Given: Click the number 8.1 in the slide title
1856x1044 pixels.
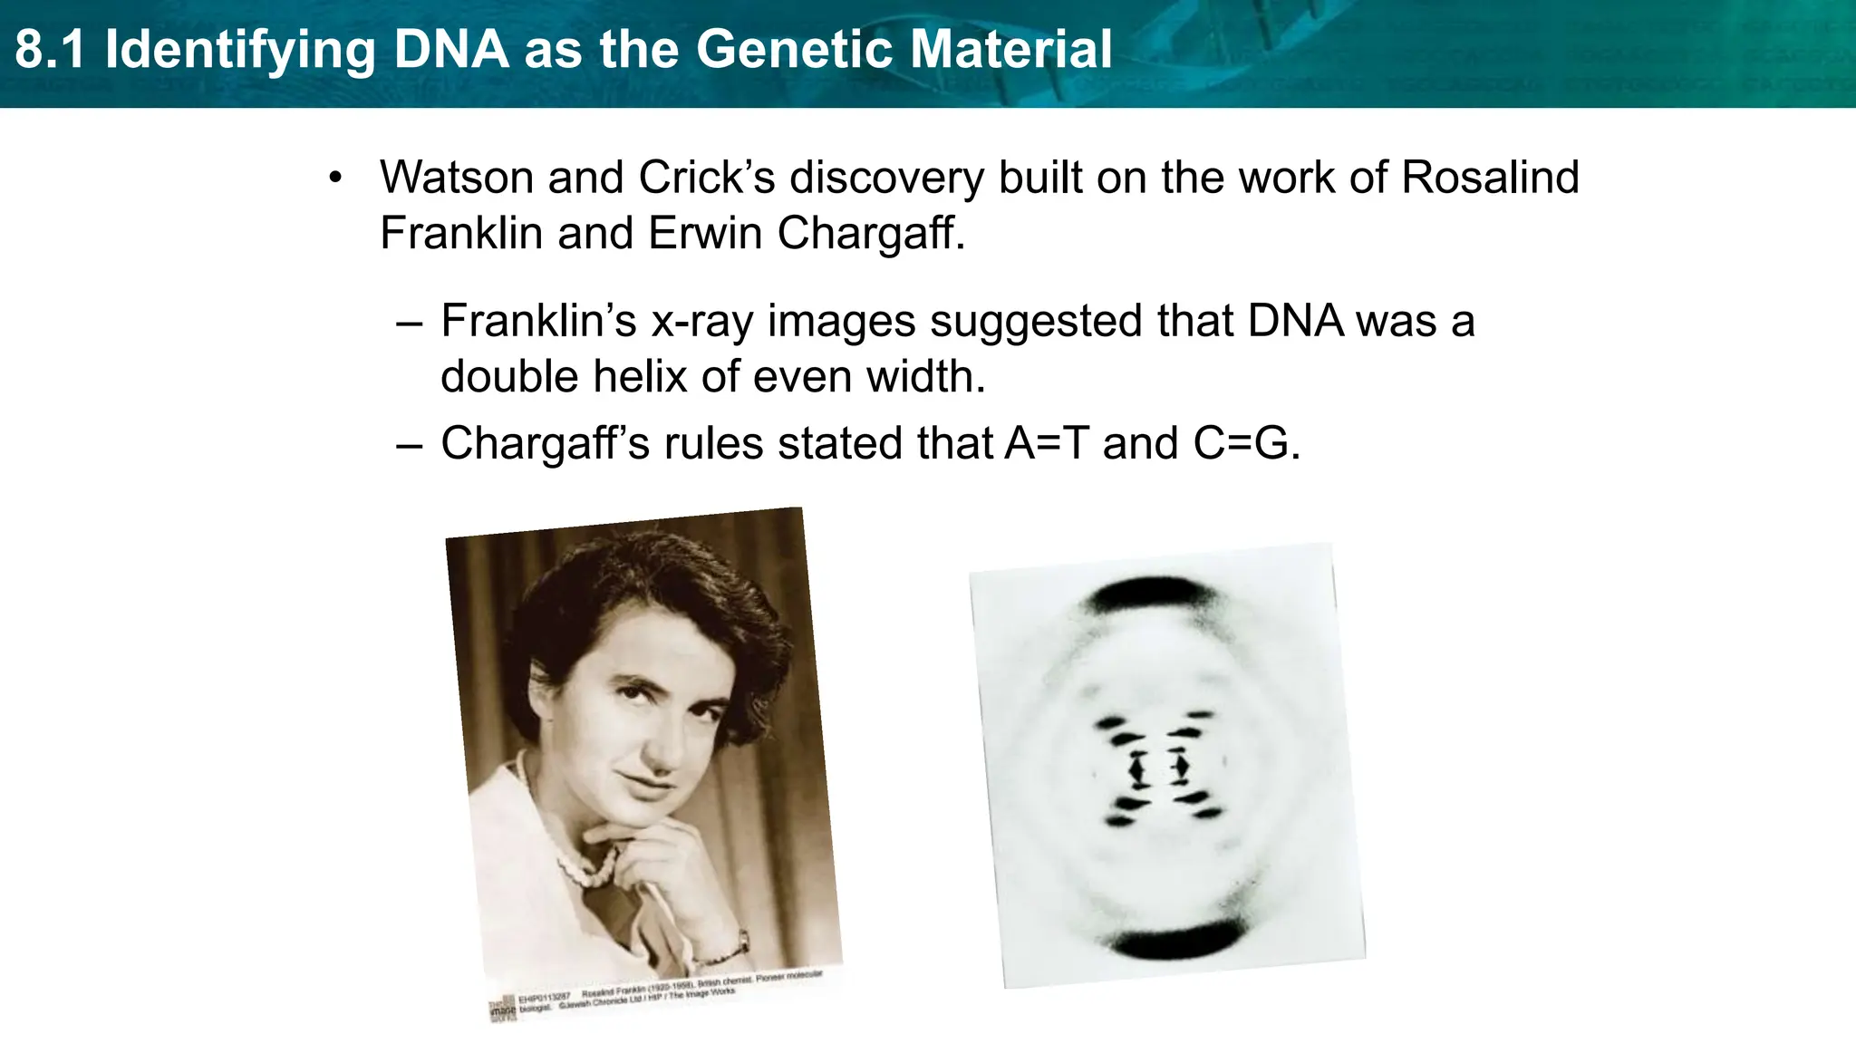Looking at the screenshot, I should (x=50, y=50).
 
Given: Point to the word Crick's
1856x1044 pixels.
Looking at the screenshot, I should (x=707, y=178).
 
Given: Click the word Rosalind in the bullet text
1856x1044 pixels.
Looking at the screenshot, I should (x=1490, y=178).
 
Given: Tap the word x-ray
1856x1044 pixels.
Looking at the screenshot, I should (x=701, y=322).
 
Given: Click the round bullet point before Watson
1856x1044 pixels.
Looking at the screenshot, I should (x=336, y=179).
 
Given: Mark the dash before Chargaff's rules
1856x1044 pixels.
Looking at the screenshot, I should (x=410, y=445).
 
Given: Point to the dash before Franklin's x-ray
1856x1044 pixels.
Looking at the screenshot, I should (x=410, y=323).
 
